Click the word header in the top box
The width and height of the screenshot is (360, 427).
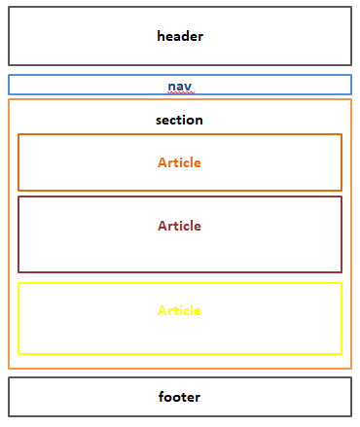click(180, 36)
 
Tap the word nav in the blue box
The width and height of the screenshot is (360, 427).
click(179, 86)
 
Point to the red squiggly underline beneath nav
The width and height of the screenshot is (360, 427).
click(180, 92)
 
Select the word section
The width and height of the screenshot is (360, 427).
click(179, 120)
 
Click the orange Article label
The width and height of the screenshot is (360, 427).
click(179, 162)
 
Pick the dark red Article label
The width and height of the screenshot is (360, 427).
click(179, 226)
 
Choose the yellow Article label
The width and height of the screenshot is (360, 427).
click(179, 310)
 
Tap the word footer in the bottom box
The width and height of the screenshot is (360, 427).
click(179, 397)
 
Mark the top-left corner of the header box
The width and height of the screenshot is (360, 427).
click(9, 8)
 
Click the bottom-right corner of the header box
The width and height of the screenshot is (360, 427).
click(350, 64)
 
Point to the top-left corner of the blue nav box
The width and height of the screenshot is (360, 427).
click(9, 76)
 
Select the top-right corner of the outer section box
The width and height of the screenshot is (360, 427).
click(350, 99)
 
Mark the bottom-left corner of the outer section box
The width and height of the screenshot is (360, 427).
click(9, 369)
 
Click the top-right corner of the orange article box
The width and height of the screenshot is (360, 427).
click(342, 134)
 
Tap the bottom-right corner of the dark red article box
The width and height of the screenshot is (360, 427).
click(342, 271)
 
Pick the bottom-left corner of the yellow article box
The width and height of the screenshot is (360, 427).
click(18, 354)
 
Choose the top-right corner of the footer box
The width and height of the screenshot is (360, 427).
click(350, 377)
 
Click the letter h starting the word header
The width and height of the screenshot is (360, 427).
click(162, 36)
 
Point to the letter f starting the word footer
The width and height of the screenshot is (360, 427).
click(161, 397)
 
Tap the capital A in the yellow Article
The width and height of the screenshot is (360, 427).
click(162, 310)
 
